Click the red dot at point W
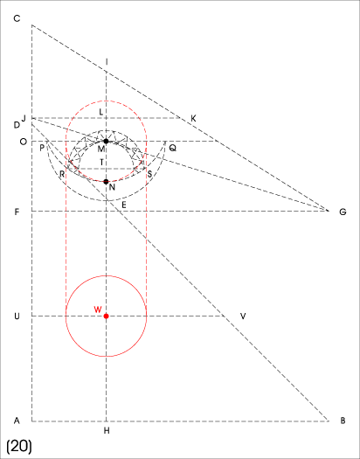point(106,316)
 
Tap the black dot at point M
point(106,141)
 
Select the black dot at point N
point(106,182)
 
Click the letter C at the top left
point(17,18)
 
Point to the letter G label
point(343,212)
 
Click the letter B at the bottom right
point(343,421)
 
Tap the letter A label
point(17,421)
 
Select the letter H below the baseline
point(107,431)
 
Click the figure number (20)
point(19,447)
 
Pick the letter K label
point(193,119)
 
